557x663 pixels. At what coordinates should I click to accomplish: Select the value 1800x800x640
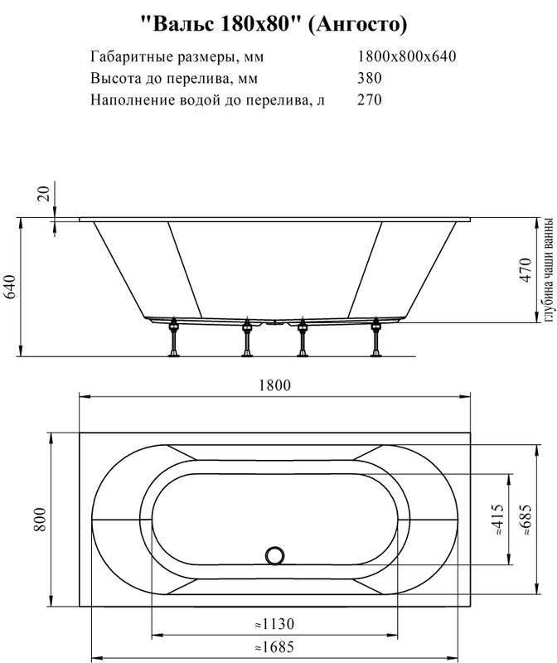(x=407, y=56)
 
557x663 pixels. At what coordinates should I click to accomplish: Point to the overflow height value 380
(x=370, y=79)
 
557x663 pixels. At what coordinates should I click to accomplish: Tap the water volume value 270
(x=370, y=100)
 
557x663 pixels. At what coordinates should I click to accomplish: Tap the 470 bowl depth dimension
(x=524, y=270)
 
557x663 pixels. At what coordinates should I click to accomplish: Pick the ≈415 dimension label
(x=497, y=520)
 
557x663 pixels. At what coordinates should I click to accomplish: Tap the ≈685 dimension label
(x=523, y=520)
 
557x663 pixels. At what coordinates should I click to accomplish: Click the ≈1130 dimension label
(x=274, y=623)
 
